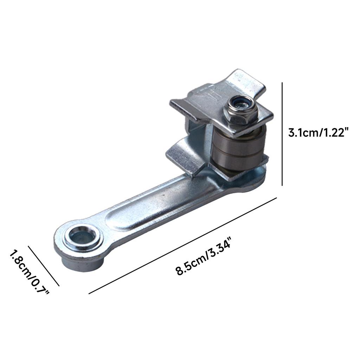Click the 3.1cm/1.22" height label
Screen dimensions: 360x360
tap(318, 133)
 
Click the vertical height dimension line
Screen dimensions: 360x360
tap(282, 134)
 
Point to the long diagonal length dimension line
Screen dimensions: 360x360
tap(183, 246)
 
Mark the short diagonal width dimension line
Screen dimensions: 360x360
tap(44, 266)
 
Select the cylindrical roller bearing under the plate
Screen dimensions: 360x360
tap(237, 151)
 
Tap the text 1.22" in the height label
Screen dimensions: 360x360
tap(334, 133)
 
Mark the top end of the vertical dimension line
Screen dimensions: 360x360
tap(282, 83)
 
